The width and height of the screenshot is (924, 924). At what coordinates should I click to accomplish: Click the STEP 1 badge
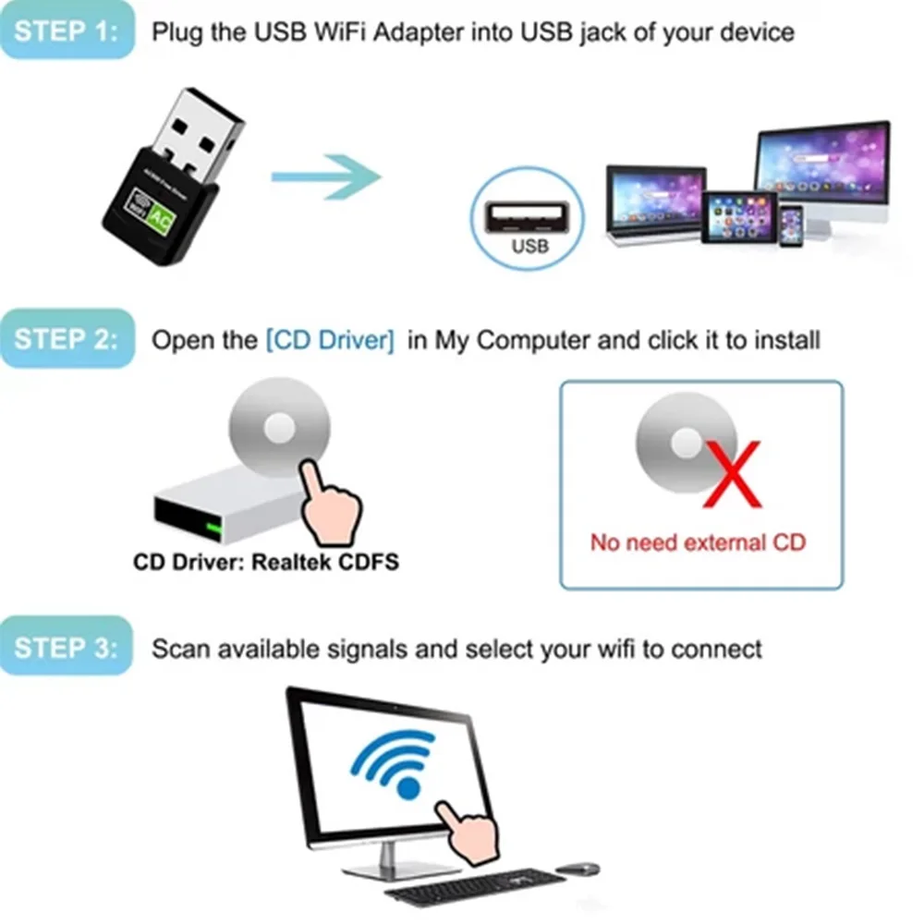[67, 31]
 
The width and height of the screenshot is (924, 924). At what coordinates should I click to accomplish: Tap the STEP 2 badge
[67, 339]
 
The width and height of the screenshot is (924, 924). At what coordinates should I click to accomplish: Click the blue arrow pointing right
[325, 176]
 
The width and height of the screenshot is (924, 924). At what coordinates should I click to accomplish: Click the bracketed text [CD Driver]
[330, 340]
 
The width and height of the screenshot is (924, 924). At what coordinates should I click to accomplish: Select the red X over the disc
[732, 473]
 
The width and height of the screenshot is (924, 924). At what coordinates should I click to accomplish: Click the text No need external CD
[698, 541]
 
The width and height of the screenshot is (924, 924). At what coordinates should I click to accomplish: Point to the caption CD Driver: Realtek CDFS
[266, 562]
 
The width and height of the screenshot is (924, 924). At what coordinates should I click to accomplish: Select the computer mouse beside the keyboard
[577, 869]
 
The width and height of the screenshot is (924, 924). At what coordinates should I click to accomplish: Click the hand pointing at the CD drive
[328, 504]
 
